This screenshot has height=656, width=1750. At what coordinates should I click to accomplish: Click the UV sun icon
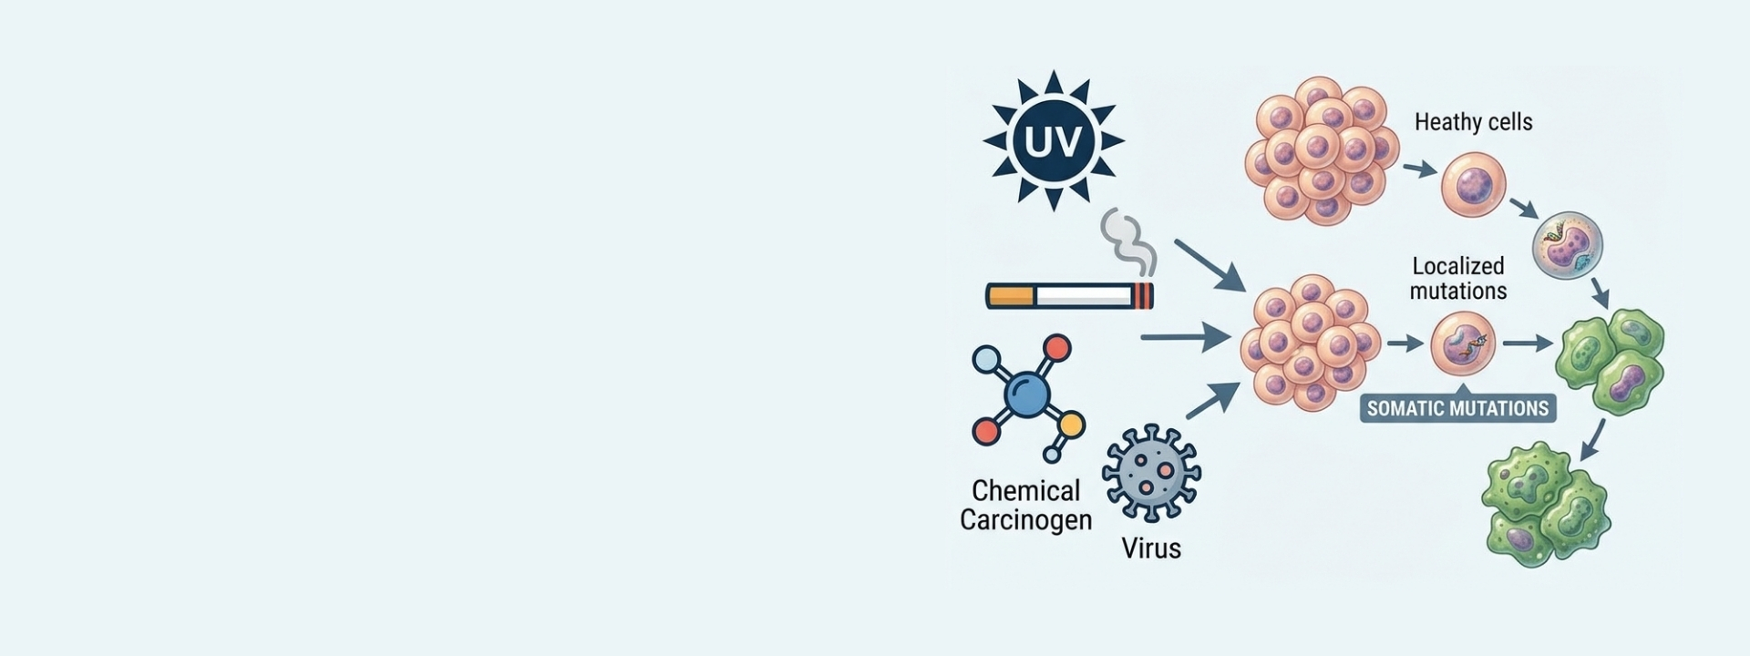(1053, 140)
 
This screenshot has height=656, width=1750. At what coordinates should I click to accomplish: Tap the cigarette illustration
(1070, 295)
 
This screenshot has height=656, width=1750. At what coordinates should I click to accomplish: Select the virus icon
(1151, 473)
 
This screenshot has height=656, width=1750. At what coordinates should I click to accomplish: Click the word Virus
(1151, 548)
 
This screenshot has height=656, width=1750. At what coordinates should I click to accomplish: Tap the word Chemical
(1025, 490)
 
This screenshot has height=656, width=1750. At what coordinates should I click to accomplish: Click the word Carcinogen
(1025, 520)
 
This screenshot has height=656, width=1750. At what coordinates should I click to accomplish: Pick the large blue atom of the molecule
(1025, 394)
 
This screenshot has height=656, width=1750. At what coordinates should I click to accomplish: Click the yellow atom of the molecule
(1072, 425)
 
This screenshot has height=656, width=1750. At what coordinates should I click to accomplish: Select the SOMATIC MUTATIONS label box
(1457, 408)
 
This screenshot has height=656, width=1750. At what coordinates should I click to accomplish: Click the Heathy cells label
(1473, 122)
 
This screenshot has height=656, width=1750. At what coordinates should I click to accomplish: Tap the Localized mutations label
(1458, 278)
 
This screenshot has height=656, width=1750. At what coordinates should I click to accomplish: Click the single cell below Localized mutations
(1463, 343)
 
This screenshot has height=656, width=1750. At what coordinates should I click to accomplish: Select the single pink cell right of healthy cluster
(1473, 185)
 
